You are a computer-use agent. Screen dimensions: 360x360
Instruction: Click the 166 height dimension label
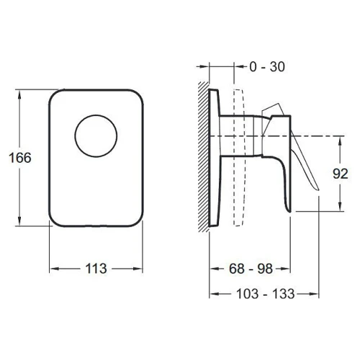(x=20, y=158)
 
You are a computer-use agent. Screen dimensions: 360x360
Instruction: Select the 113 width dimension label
(x=96, y=269)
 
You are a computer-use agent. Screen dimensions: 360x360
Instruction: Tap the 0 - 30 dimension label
(x=267, y=67)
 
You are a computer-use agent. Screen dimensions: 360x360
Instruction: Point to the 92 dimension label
(x=341, y=174)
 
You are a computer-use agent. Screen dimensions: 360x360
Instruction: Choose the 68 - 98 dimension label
(x=251, y=269)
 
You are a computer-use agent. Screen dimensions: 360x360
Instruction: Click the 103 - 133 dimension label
(x=266, y=294)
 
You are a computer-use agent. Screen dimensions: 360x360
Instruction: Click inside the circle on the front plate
(x=96, y=136)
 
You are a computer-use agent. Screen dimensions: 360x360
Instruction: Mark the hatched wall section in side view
(x=204, y=157)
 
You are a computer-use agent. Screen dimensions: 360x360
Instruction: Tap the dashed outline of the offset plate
(x=243, y=158)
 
